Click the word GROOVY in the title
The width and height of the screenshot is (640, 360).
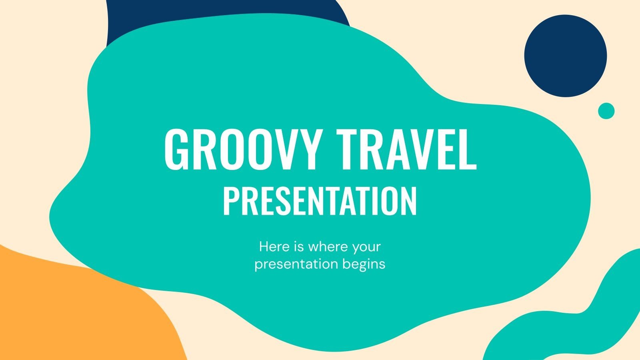coord(242,149)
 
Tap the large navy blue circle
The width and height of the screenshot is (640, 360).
coord(565,56)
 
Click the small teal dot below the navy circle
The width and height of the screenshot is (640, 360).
coord(606,111)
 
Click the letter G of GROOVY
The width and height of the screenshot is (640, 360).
coord(176,149)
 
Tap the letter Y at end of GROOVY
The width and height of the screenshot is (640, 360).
coord(310,149)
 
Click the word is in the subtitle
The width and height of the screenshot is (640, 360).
coord(299,247)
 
